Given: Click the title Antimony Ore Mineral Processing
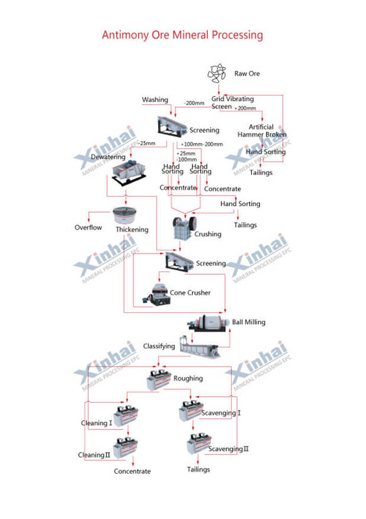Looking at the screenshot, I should coord(182,35).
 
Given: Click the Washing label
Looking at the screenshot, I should coord(155,100).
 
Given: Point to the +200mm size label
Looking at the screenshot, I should coord(245,108).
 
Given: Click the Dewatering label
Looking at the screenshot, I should coord(108,157).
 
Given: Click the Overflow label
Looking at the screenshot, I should coord(88,228).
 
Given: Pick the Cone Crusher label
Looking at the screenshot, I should coord(190,293).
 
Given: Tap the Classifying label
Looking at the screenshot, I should coord(159,346).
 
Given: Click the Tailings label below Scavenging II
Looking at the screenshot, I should coord(198,470).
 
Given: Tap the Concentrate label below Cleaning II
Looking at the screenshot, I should coord(133,472).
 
